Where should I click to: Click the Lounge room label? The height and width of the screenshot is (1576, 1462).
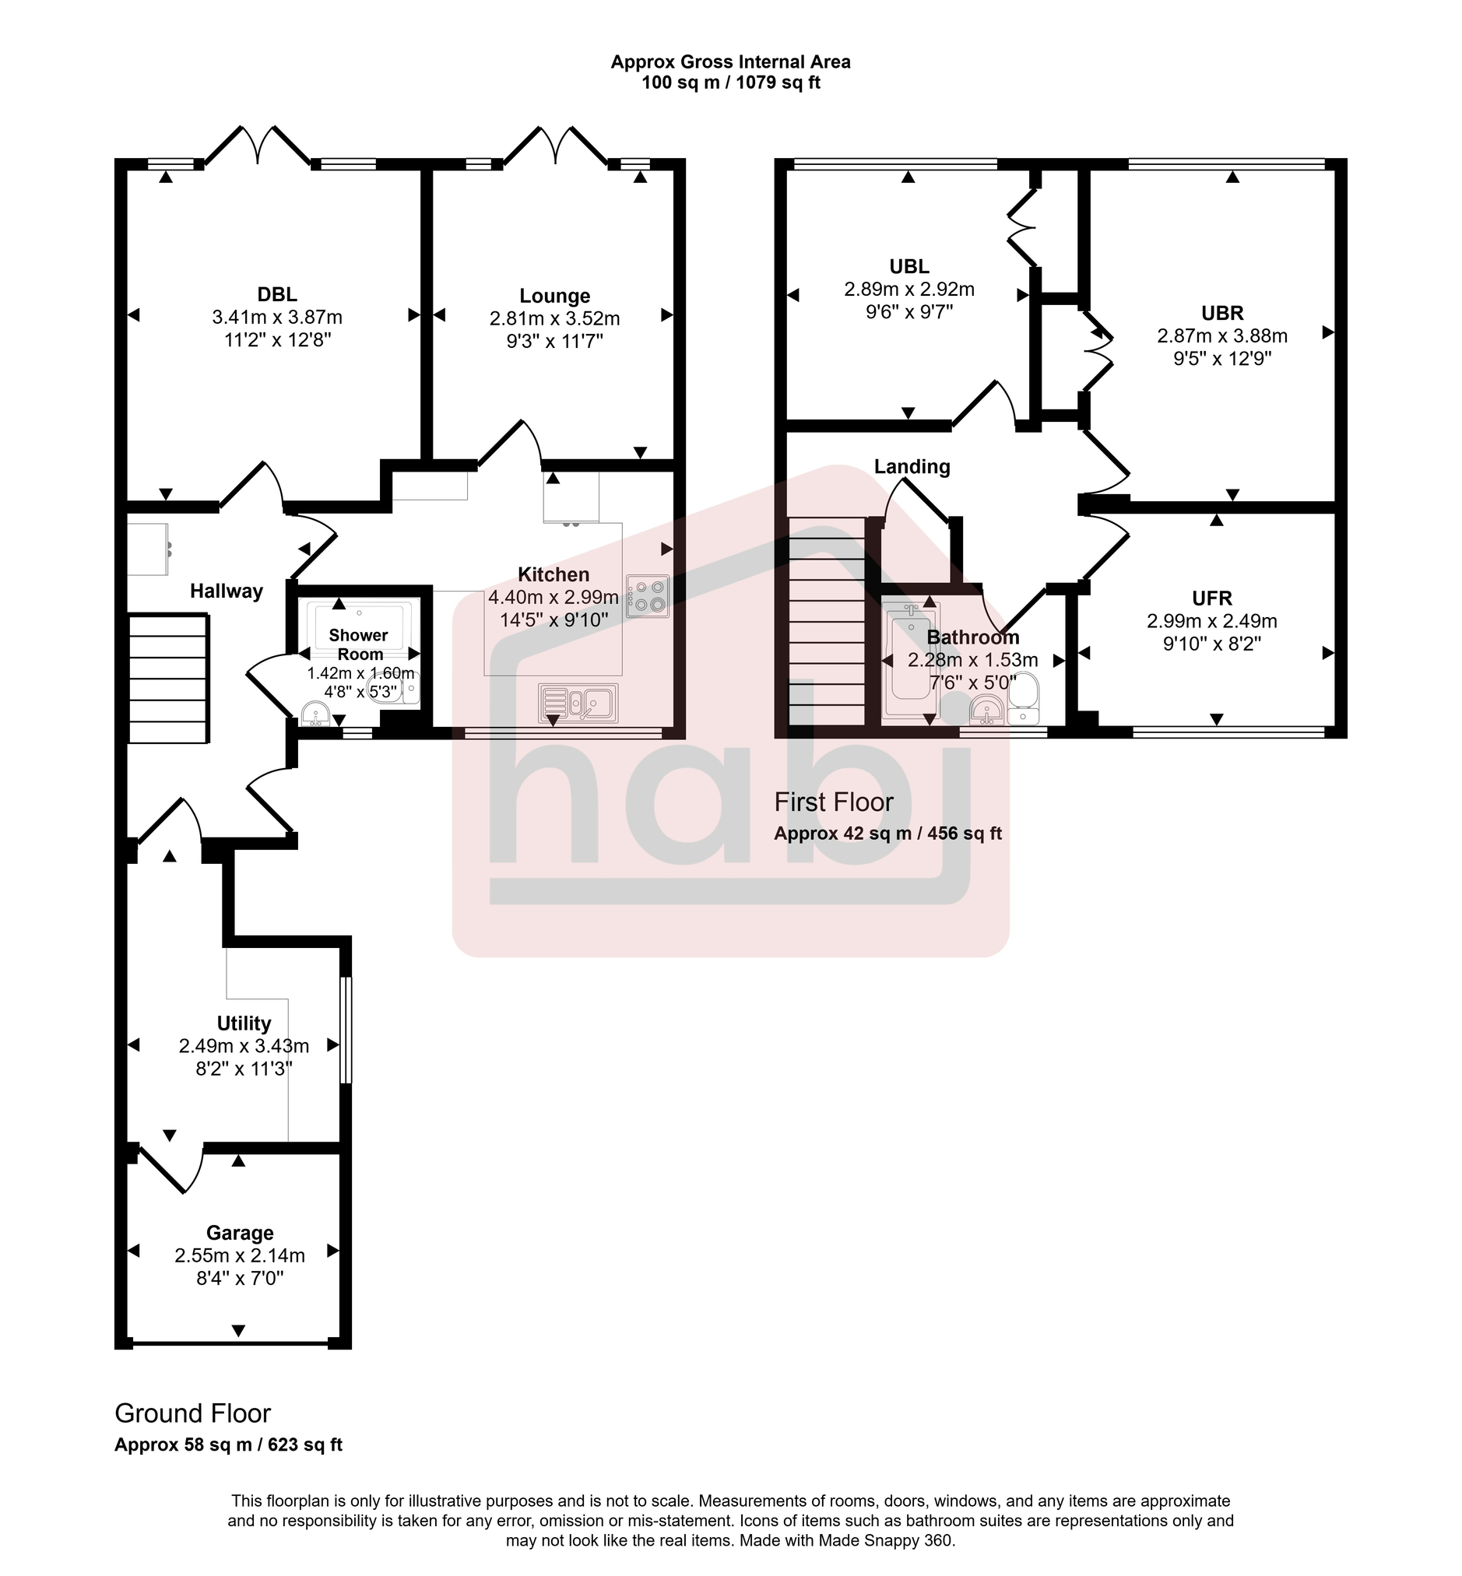pyautogui.click(x=554, y=296)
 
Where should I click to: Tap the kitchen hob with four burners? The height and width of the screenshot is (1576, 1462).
pyautogui.click(x=648, y=596)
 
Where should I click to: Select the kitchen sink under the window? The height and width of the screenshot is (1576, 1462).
pyautogui.click(x=578, y=703)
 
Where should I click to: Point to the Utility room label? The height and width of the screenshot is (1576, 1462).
pyautogui.click(x=244, y=1023)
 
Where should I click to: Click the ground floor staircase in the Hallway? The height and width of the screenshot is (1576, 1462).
pyautogui.click(x=167, y=679)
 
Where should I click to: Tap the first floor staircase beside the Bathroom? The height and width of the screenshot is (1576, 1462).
pyautogui.click(x=828, y=621)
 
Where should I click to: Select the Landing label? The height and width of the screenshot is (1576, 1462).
pyautogui.click(x=912, y=466)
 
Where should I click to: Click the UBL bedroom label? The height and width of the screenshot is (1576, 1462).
pyautogui.click(x=909, y=266)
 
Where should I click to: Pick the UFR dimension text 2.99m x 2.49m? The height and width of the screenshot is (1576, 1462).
pyautogui.click(x=1211, y=621)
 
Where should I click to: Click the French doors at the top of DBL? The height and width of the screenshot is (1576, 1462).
pyautogui.click(x=258, y=147)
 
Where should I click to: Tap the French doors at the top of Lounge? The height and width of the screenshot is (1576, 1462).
pyautogui.click(x=556, y=147)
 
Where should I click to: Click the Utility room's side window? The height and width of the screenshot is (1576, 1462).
pyautogui.click(x=346, y=1030)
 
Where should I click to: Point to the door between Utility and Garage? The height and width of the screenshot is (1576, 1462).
pyautogui.click(x=170, y=1167)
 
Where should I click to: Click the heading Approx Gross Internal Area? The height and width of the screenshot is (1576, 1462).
pyautogui.click(x=730, y=61)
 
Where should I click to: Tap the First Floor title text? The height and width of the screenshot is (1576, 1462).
pyautogui.click(x=833, y=802)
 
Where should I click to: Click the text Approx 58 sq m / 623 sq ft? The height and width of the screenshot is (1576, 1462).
pyautogui.click(x=228, y=1444)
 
